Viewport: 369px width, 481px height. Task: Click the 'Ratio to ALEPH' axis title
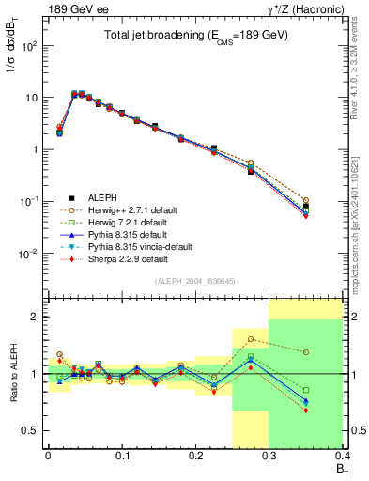[13, 374]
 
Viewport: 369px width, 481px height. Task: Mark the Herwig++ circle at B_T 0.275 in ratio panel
[251, 339]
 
